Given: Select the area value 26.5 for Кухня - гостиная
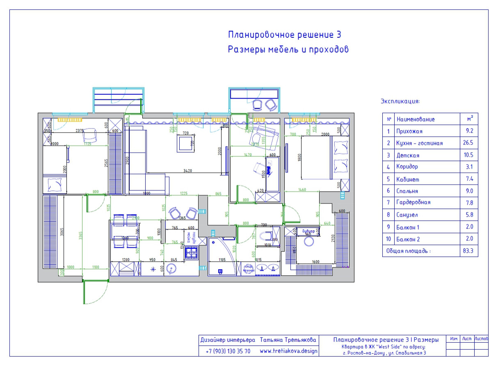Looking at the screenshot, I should pos(469,143).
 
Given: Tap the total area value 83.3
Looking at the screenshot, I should pos(469,251).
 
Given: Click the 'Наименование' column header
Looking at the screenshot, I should pos(415,119).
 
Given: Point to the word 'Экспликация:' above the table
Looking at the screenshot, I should pos(400,101).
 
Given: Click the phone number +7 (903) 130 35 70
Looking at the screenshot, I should pos(228,351).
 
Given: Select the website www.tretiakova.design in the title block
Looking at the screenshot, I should pos(288,351).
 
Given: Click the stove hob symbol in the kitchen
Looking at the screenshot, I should pos(191,252).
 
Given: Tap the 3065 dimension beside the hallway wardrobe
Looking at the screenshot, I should pos(61,232).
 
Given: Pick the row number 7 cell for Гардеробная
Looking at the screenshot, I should pos(388,203).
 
